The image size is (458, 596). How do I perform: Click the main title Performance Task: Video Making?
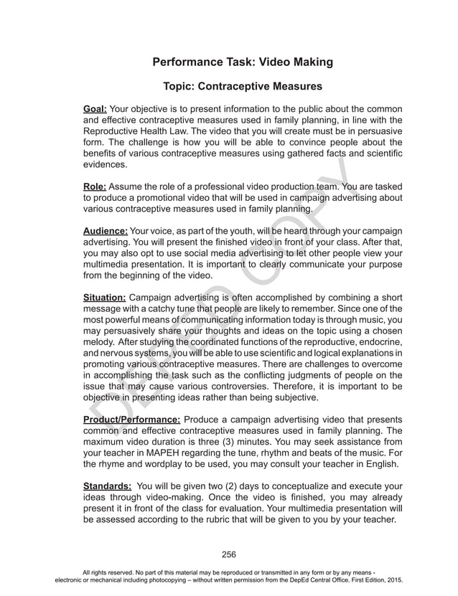tap(243, 62)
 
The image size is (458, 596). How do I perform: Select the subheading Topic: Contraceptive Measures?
tap(243, 87)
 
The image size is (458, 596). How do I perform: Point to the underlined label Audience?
tap(106, 232)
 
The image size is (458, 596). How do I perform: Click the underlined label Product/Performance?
tap(131, 419)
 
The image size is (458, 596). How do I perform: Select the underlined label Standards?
tap(106, 486)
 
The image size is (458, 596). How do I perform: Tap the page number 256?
tap(229, 554)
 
